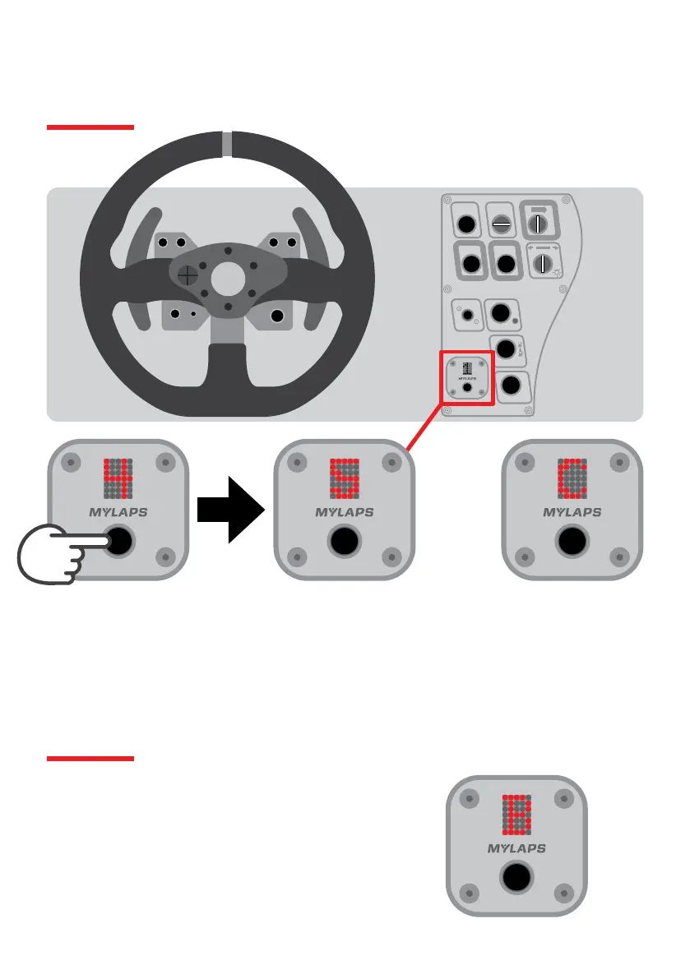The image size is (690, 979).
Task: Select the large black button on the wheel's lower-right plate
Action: pos(277,315)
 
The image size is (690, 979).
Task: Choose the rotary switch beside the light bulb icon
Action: pos(541,263)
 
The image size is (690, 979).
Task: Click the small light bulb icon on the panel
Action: pos(560,272)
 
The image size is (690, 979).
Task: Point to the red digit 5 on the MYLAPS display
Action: pos(344,478)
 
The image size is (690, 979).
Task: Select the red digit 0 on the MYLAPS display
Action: pos(572,478)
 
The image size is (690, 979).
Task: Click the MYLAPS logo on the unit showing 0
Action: pos(572,512)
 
